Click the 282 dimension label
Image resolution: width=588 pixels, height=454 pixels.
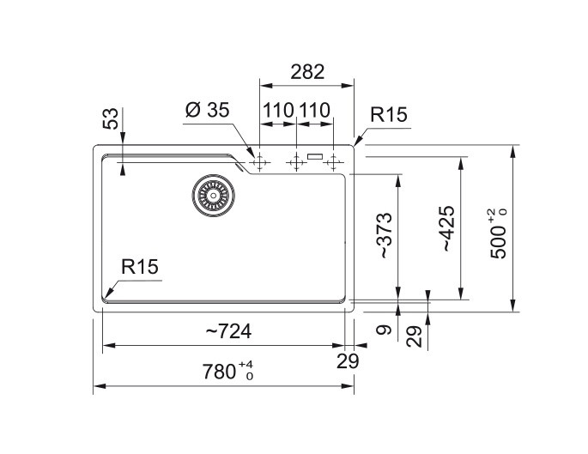[307, 72]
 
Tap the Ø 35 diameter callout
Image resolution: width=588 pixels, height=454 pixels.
[207, 110]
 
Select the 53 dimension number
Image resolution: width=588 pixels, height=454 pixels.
[111, 118]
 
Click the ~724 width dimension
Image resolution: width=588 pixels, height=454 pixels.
[228, 331]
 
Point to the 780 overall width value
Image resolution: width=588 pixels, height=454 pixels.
[219, 372]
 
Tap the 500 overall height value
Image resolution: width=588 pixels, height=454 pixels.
[499, 242]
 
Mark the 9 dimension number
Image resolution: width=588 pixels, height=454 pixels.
[384, 330]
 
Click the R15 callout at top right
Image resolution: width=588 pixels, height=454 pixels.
[389, 115]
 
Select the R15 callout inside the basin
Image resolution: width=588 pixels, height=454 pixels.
[140, 267]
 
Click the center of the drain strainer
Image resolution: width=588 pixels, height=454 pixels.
[214, 196]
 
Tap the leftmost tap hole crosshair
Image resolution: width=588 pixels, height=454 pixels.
[259, 163]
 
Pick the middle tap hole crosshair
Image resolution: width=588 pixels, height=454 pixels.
[296, 163]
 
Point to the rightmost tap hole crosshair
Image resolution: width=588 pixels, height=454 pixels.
[333, 163]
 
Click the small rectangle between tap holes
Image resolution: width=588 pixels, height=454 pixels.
[315, 156]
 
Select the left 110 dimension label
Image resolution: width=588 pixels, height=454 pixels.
[278, 110]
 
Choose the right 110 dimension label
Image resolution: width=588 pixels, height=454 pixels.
[314, 110]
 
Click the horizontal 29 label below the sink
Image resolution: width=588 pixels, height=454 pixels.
[348, 361]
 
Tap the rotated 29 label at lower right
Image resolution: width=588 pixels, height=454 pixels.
[414, 336]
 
